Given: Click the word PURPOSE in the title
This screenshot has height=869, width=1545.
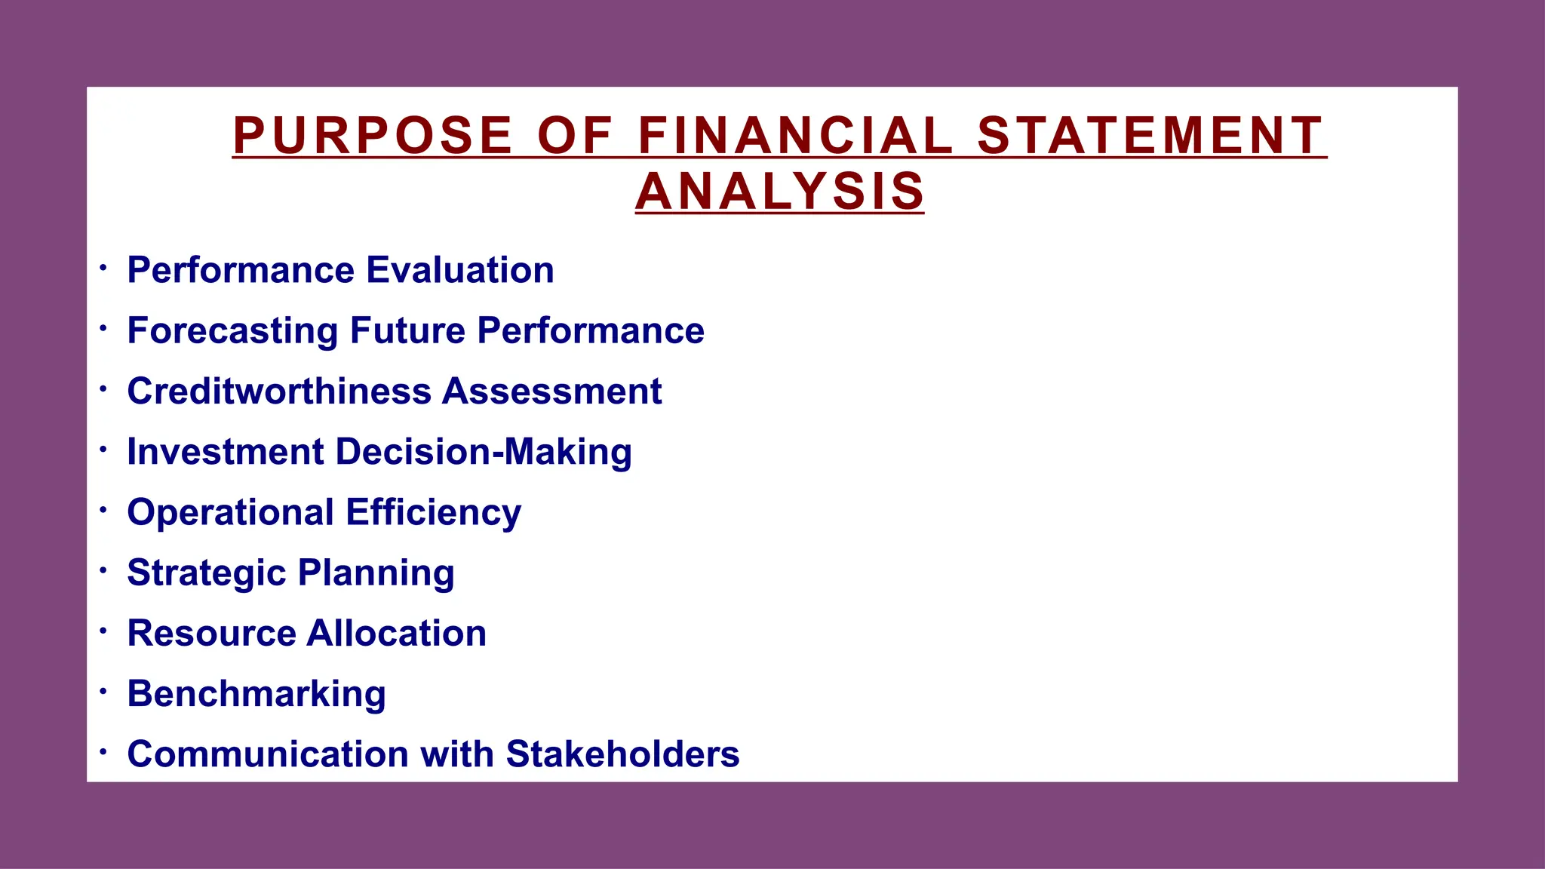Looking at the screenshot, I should tap(373, 136).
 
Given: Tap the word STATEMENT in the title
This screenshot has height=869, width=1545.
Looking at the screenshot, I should tap(1150, 136).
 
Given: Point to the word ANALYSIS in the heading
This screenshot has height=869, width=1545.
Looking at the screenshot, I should tap(780, 192).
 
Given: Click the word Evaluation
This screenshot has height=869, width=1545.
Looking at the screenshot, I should tap(460, 270).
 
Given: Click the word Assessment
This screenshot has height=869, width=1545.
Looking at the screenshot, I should tap(552, 391).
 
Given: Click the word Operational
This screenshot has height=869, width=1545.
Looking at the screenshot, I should tap(231, 512).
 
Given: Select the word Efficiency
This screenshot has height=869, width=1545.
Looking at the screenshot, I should tap(434, 513).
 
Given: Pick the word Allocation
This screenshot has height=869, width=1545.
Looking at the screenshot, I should tap(397, 633).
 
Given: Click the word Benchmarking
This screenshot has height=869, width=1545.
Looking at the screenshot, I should tap(256, 694).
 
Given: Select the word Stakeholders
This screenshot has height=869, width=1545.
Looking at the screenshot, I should tap(622, 754).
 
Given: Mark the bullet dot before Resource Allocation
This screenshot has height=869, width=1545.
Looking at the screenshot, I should tap(103, 629).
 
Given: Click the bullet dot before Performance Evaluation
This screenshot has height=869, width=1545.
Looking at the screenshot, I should tap(103, 267).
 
